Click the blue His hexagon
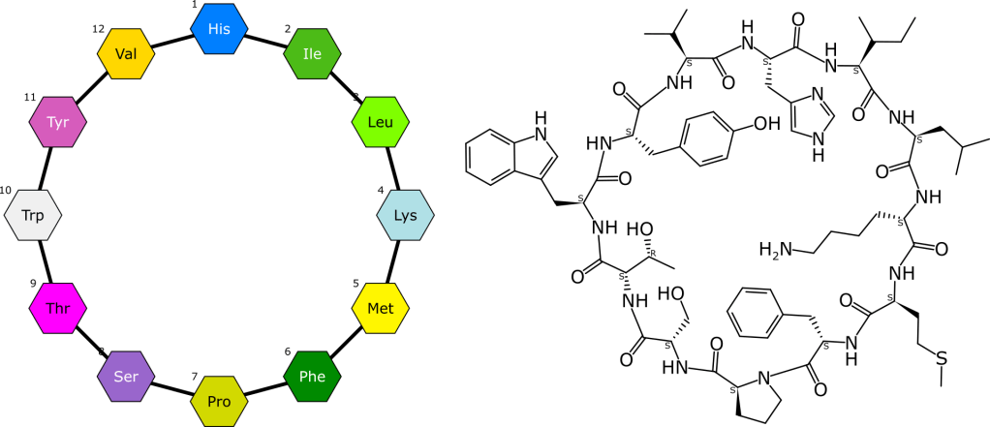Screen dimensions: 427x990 click(220, 29)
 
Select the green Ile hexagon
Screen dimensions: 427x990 click(312, 54)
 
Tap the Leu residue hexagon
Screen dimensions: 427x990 click(380, 123)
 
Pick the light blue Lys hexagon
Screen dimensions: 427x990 click(405, 215)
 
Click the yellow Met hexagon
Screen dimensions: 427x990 click(380, 309)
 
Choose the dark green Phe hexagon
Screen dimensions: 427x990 click(312, 377)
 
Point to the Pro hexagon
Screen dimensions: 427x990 click(220, 401)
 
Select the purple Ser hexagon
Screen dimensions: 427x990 click(127, 377)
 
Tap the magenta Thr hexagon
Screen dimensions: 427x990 click(58, 309)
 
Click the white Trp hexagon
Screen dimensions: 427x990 click(33, 215)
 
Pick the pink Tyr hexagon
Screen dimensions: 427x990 click(58, 123)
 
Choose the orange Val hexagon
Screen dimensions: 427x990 click(126, 54)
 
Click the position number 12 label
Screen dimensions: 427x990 click(98, 29)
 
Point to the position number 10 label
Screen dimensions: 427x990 click(6, 190)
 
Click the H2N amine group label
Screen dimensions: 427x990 click(775, 252)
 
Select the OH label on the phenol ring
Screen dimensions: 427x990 click(764, 124)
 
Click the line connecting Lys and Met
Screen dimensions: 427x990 click(392, 262)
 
